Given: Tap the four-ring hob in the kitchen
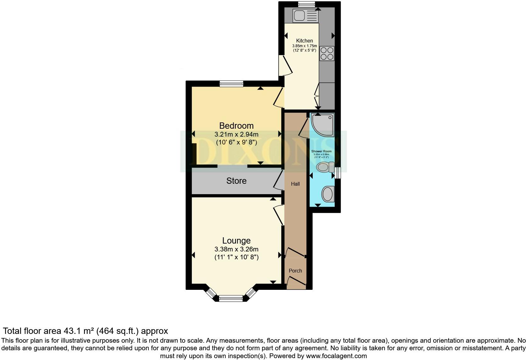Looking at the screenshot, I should point(327,53).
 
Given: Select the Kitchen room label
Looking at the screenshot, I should point(305,41).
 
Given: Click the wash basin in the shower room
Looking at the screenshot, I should point(328,194).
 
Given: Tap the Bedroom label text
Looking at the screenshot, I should point(236,126).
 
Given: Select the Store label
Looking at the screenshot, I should point(236,181).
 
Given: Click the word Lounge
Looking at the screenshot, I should point(236,240).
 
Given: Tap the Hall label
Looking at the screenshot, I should point(295,184).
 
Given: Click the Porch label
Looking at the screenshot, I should point(295,271).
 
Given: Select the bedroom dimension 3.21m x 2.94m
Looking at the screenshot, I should point(236,134).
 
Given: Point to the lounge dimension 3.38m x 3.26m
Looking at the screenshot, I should point(236,249).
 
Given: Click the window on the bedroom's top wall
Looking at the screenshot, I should point(232,84).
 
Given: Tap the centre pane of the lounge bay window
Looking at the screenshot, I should point(231,298).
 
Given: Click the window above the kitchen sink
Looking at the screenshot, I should point(306,4).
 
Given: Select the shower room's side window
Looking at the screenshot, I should point(338,173).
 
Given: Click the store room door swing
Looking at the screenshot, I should point(277,182).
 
